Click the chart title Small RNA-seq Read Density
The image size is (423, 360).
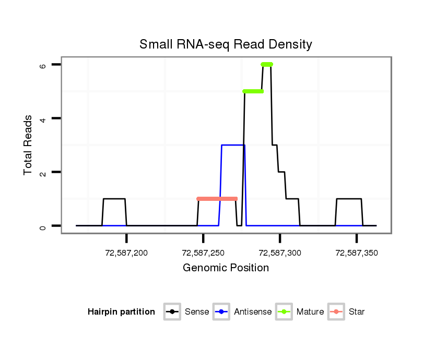[226, 44]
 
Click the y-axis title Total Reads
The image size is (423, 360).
[28, 145]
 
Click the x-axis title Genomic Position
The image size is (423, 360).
[226, 268]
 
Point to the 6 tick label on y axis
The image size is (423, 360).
[43, 65]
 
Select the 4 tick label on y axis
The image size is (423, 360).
[43, 119]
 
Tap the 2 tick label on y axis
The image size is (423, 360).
[43, 173]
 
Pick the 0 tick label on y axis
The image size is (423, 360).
[43, 226]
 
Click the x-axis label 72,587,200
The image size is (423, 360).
[126, 253]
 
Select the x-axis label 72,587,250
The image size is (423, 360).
[203, 253]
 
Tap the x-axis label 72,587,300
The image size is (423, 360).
[280, 253]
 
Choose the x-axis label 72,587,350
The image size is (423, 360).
[357, 253]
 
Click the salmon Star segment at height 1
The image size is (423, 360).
[217, 199]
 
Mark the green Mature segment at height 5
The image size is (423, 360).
[253, 91]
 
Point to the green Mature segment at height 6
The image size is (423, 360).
[267, 64]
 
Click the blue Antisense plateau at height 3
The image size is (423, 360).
[232, 145]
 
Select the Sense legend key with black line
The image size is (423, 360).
[171, 312]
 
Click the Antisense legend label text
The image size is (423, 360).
[253, 312]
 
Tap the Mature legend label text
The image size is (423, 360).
[310, 312]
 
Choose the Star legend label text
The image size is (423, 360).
[357, 312]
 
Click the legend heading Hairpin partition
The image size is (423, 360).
[121, 312]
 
